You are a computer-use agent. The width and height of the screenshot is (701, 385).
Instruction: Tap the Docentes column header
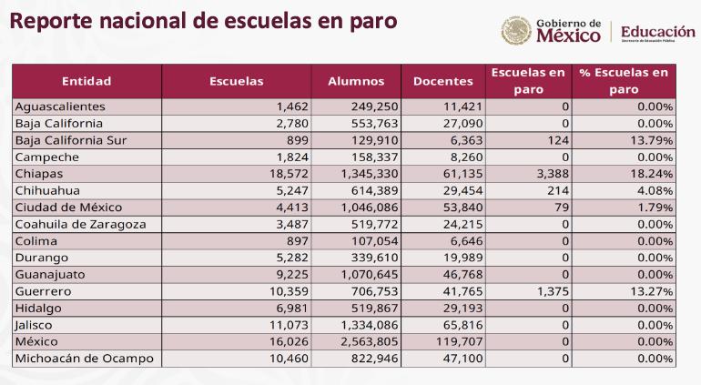[443, 81]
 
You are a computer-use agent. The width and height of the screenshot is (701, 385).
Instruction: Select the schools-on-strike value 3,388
[552, 173]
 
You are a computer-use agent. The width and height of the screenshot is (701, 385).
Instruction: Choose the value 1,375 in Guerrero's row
[552, 291]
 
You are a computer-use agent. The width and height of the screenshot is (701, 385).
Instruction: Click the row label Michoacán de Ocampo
[83, 359]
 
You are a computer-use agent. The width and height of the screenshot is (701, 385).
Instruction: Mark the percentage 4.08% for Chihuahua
[656, 190]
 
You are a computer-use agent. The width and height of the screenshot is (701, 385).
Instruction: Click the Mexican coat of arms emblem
[516, 31]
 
